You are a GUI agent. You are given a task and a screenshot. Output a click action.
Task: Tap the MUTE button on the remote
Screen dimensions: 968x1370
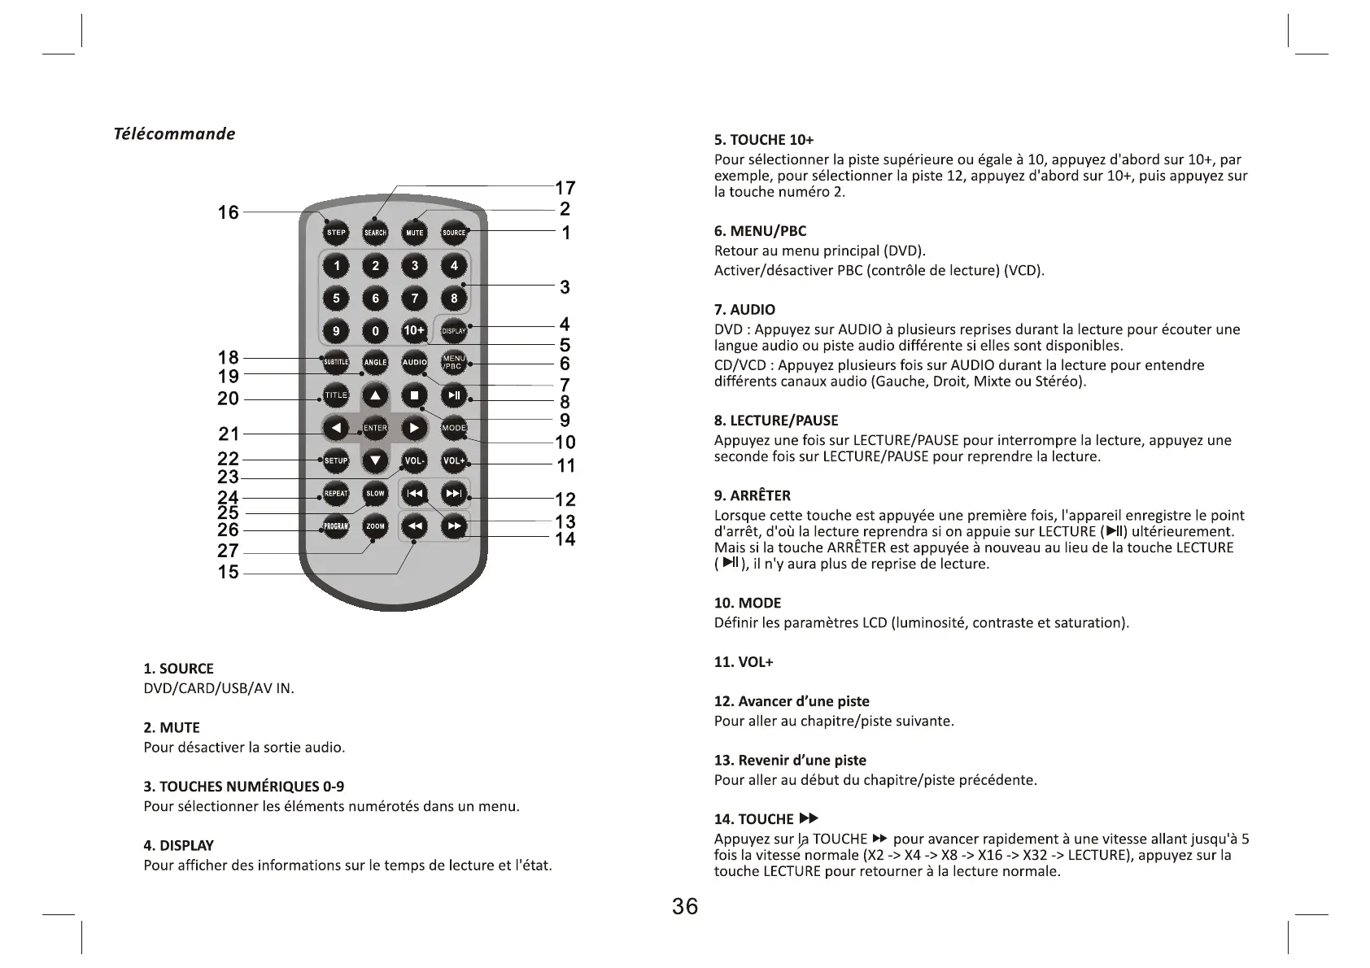(x=414, y=233)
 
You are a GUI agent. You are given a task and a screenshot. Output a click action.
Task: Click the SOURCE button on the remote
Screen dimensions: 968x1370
(x=454, y=233)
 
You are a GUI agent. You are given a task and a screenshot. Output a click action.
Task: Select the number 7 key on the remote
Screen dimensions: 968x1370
(x=414, y=299)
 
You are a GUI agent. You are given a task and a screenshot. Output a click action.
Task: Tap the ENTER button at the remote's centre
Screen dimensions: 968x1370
(x=375, y=428)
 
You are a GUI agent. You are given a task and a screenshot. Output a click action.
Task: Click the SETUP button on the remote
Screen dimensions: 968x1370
(x=336, y=460)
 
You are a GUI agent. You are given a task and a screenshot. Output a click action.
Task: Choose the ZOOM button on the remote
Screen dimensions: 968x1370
(x=375, y=526)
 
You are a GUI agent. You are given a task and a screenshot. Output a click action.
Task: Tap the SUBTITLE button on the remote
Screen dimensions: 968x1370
(x=336, y=362)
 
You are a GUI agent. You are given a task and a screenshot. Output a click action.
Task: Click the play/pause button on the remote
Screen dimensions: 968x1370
(x=454, y=396)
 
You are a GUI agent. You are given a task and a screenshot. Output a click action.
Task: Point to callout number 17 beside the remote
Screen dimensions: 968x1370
(x=565, y=189)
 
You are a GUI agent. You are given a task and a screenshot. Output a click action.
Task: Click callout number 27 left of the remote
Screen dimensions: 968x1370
(x=228, y=551)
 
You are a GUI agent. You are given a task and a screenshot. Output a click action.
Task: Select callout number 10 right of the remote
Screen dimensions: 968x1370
(x=565, y=443)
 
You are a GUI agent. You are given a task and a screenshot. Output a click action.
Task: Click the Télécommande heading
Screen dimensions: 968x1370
(x=174, y=134)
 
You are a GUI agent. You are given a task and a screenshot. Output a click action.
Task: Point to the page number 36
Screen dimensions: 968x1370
(x=685, y=907)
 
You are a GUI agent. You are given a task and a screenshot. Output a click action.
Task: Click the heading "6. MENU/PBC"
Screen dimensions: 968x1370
(x=760, y=231)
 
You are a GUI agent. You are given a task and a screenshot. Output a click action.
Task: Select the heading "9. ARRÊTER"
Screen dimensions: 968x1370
(x=752, y=495)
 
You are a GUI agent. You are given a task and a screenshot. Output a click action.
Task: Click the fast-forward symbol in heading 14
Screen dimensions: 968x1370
(x=809, y=818)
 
